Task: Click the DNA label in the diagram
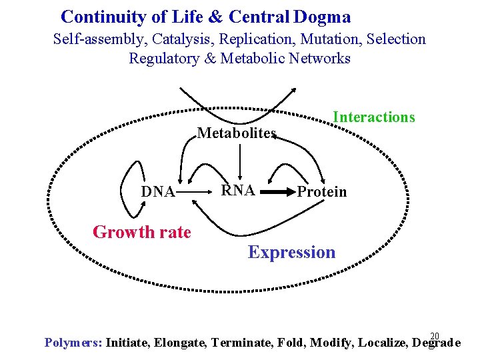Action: coord(158,192)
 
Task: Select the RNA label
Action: coord(238,190)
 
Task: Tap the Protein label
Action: coord(322,192)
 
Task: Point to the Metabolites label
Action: coord(237,133)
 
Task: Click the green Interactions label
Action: coord(374,117)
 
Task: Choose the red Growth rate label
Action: coord(142,232)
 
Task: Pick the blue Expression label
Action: coord(292,252)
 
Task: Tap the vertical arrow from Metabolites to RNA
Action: coord(240,160)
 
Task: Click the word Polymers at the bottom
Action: coord(73,343)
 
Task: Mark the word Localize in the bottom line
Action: coord(383,343)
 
